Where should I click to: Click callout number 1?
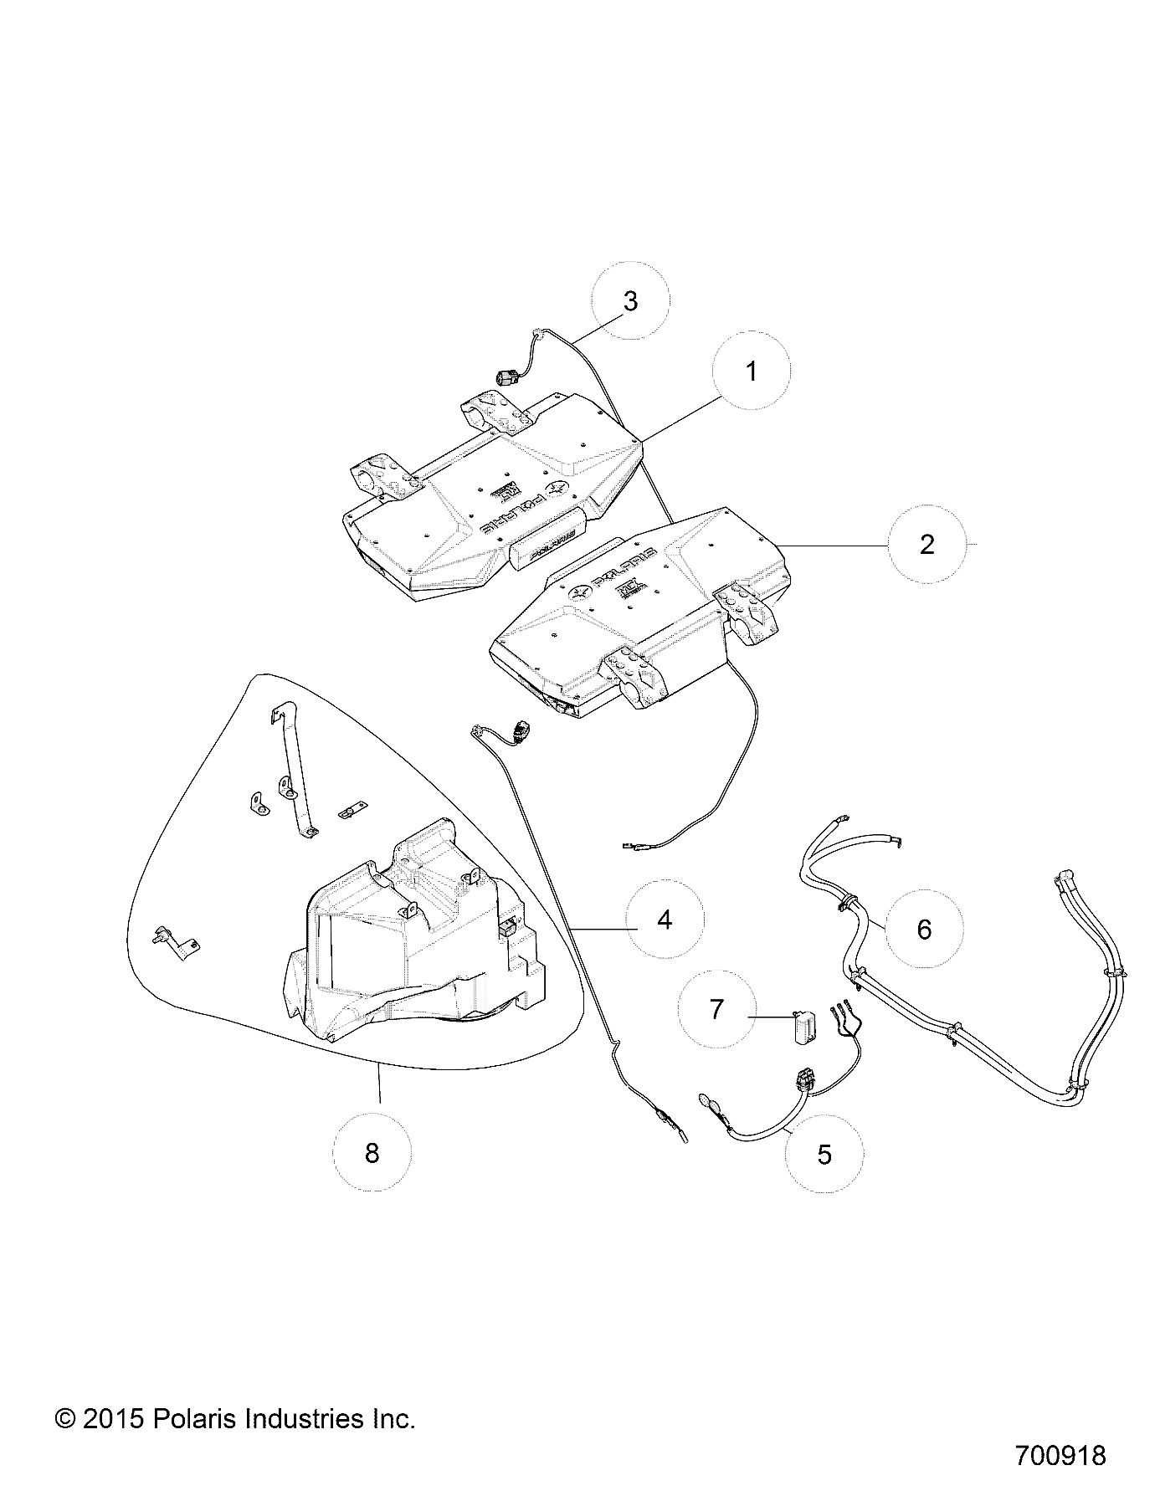point(751,371)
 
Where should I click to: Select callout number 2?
point(926,545)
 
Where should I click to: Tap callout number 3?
point(630,300)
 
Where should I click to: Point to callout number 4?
point(665,920)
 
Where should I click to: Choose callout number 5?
point(824,1155)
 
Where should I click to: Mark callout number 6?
point(924,929)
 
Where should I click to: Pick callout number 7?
point(716,1010)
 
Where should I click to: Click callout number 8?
point(372,1153)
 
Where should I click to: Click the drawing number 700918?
point(1060,1455)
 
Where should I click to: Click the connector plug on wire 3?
point(506,378)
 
